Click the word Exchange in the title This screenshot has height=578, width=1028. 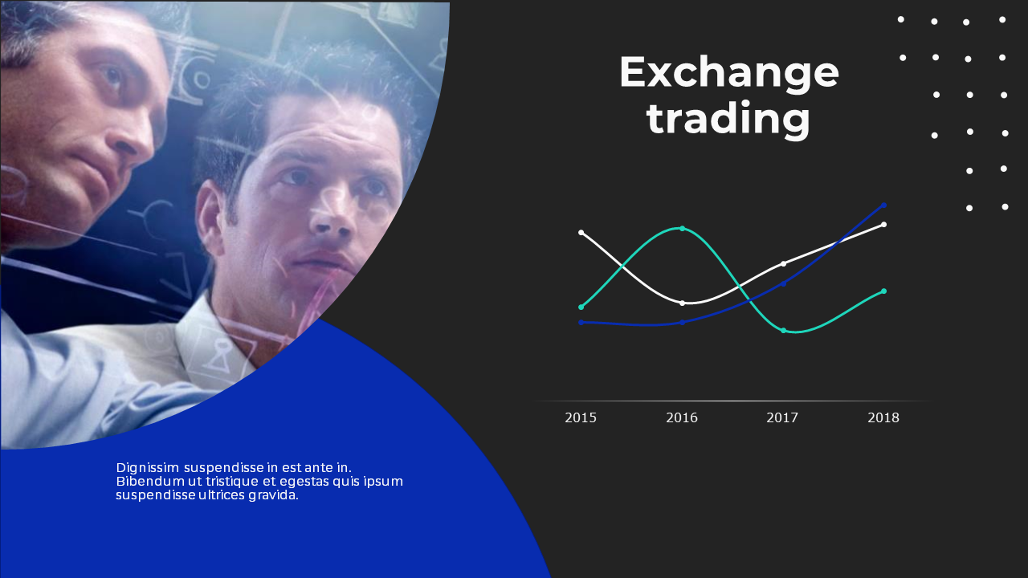tap(728, 73)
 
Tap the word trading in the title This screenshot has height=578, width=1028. tap(728, 118)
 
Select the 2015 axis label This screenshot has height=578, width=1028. tap(581, 417)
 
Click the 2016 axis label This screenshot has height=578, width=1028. tap(682, 417)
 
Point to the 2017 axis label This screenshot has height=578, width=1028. tap(782, 417)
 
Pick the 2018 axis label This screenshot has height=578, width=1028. tap(883, 417)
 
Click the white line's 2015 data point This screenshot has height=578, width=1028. tap(581, 233)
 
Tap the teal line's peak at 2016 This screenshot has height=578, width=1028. tap(682, 228)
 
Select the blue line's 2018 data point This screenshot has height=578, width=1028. tap(884, 205)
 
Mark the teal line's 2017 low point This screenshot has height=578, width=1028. tap(783, 330)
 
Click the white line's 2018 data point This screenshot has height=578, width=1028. tap(884, 224)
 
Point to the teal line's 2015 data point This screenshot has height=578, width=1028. tap(581, 307)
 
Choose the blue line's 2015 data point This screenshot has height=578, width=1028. tap(581, 323)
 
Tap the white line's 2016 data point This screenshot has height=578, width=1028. tap(682, 303)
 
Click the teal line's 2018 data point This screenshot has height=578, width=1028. tap(884, 291)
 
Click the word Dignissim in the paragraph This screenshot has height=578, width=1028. tap(147, 468)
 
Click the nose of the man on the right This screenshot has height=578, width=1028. tap(332, 216)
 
